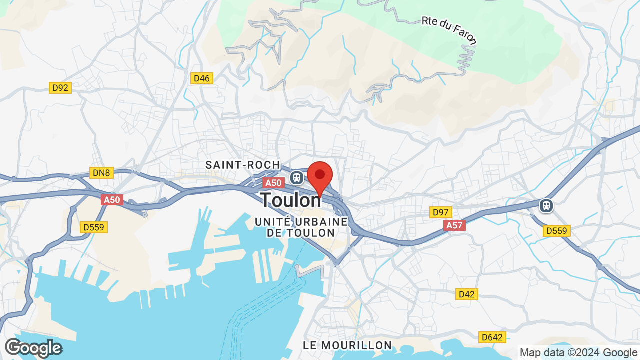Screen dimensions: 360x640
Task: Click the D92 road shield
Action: pos(60,88)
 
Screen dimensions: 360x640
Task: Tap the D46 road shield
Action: pos(202,78)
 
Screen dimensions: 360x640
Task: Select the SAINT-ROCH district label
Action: pos(243,165)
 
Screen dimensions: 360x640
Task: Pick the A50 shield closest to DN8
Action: pos(112,200)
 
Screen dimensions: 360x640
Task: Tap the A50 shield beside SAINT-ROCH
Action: pos(273,183)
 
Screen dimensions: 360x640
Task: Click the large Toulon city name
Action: pos(291,200)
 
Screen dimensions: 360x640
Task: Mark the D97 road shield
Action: pos(441,212)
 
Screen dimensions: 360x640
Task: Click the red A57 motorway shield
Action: pos(454,225)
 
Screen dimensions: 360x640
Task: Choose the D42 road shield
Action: pos(466,294)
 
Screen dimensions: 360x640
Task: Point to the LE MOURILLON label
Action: pos(348,345)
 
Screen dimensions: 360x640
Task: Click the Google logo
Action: pos(33,348)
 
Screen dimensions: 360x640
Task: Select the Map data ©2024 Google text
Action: pos(578,353)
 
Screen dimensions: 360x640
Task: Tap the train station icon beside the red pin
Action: pos(296,177)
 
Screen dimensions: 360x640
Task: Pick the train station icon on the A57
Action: pos(546,205)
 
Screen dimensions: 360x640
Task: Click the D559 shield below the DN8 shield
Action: pos(94,227)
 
